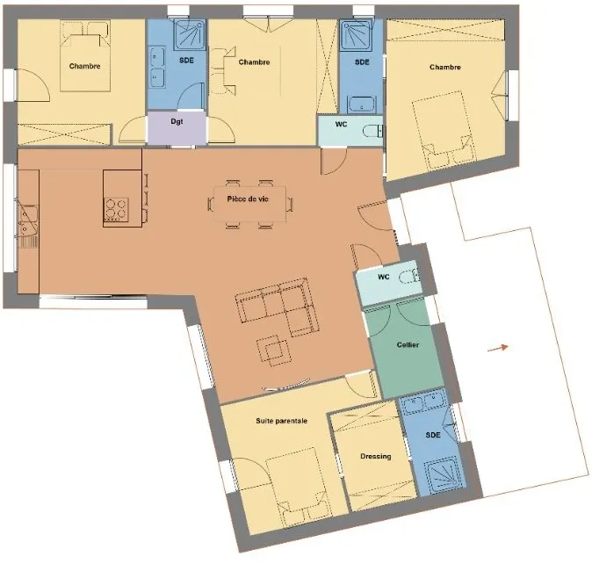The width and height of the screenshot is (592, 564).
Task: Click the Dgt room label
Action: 177,121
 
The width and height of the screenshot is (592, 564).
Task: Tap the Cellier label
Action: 408,344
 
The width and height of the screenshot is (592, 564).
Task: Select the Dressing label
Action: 376,457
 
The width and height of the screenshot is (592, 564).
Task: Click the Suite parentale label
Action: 282,421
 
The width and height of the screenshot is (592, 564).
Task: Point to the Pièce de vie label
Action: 248,199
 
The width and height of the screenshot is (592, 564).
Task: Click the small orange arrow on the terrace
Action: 498,348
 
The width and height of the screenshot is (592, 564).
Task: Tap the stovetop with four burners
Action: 116,209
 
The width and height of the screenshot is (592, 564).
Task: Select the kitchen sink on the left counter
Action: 27,221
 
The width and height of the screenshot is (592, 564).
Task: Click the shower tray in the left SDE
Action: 191,35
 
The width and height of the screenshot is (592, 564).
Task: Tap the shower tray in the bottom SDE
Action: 444,475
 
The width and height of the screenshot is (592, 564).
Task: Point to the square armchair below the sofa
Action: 274,351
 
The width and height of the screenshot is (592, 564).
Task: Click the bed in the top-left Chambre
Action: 85,62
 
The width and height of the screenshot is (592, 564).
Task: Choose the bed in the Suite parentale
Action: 299,488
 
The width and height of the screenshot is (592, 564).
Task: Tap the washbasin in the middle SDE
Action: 362,105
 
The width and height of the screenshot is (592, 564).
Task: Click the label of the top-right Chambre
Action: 445,67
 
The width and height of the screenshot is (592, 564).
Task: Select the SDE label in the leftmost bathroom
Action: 186,61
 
